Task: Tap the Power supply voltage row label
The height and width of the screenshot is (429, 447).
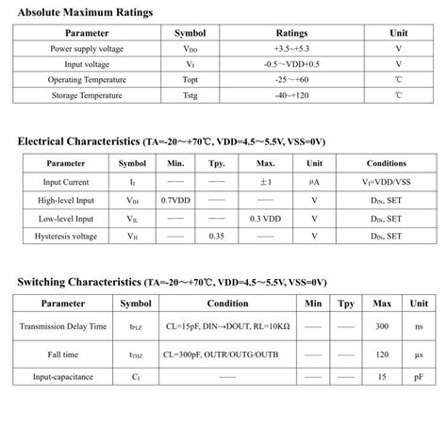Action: click(86, 48)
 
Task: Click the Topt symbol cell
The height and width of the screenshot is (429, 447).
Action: click(186, 80)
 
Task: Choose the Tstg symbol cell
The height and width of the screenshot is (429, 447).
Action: click(186, 95)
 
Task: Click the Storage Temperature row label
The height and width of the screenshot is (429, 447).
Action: click(86, 95)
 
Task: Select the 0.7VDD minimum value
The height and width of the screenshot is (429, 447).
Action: click(175, 200)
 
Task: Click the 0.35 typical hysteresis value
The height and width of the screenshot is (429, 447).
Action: click(217, 236)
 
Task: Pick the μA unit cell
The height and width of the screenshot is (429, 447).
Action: click(314, 182)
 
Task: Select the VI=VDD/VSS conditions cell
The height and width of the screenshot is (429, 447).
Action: click(386, 182)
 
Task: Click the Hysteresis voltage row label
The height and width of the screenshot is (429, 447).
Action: click(66, 236)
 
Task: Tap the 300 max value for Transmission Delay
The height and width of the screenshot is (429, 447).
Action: click(382, 325)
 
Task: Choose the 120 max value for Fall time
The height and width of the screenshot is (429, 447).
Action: click(382, 355)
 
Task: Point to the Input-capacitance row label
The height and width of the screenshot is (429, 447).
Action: click(64, 377)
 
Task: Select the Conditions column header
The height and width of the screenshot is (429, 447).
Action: click(386, 163)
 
